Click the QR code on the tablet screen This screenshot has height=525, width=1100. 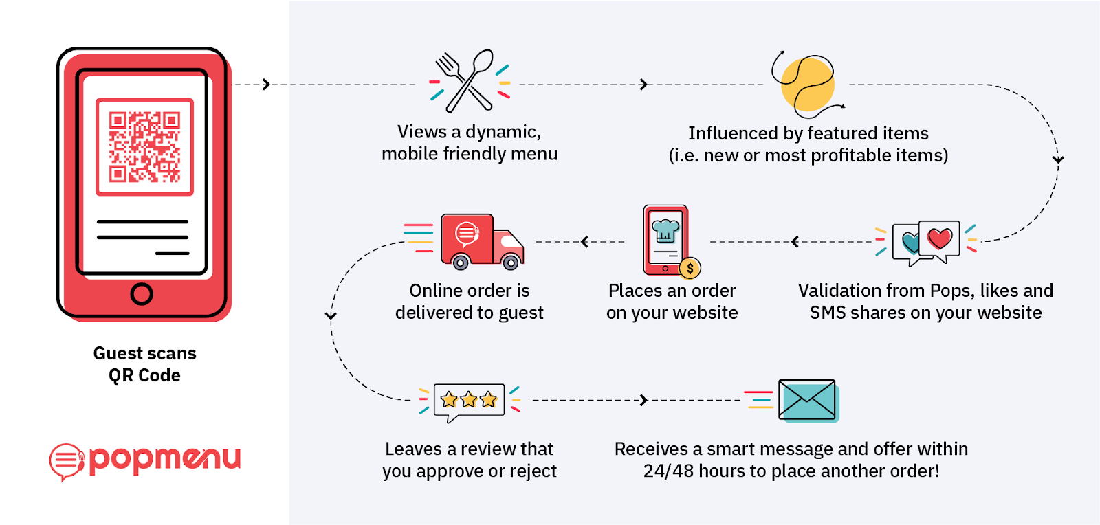(x=144, y=146)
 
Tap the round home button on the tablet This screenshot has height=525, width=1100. (x=142, y=294)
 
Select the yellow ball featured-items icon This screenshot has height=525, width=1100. (x=808, y=85)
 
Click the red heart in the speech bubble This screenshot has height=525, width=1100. (x=940, y=238)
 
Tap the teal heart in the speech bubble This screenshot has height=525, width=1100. (x=910, y=242)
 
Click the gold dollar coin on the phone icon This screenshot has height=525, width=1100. (x=690, y=268)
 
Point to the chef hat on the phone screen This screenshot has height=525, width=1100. (x=665, y=230)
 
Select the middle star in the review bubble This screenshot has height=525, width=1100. (x=469, y=399)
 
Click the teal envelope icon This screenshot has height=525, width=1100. (x=807, y=400)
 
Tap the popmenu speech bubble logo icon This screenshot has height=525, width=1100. (x=66, y=461)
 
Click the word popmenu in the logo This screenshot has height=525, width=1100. (x=165, y=458)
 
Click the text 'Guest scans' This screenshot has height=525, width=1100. (x=144, y=353)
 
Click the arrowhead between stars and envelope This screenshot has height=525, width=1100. (x=643, y=400)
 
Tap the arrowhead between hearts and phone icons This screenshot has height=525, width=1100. (x=795, y=242)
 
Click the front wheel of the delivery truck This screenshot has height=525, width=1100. (x=511, y=262)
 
